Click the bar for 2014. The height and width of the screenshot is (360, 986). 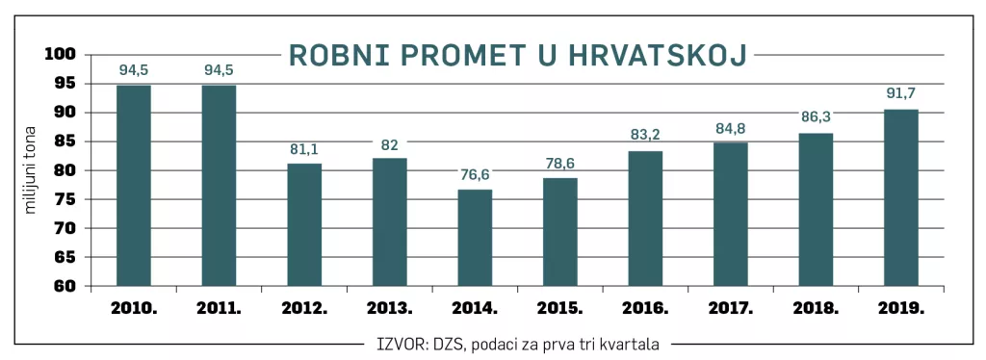(x=475, y=238)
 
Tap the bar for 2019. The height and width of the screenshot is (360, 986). (x=901, y=197)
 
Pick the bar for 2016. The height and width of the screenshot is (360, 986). (x=645, y=219)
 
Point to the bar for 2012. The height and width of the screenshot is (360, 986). (x=304, y=224)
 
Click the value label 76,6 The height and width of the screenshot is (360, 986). (x=475, y=173)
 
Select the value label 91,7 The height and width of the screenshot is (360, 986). (x=901, y=93)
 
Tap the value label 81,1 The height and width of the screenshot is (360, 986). (x=304, y=149)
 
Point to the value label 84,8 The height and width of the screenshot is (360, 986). (x=731, y=127)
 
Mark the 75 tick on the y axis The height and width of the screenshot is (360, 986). (x=65, y=199)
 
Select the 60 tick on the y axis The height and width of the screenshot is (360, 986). (x=65, y=286)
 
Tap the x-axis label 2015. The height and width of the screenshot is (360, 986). (x=559, y=310)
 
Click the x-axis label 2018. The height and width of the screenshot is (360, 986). (x=816, y=310)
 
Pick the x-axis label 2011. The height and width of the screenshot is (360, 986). (x=219, y=310)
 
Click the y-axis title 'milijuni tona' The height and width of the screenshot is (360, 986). (x=30, y=169)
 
